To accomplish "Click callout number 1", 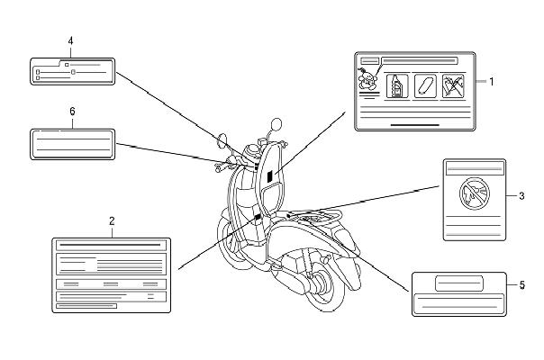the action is pos(491,82).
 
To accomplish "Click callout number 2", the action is pos(112,220).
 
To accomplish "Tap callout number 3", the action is pos(521,196).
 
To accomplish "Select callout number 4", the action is pos(70,41).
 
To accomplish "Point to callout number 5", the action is pos(521,285).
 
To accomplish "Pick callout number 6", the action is pos(72,112).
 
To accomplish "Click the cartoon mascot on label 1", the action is pos(367,78).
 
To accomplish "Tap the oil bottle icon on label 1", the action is pos(397,86).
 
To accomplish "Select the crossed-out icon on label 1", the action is pos(453,86).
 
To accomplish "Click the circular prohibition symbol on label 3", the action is pos(475,193).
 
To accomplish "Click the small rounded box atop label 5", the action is pos(459,283).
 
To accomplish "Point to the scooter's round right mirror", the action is pos(277,124).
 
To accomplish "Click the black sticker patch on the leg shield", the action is pos(270,177).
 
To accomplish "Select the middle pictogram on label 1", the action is pos(425,86).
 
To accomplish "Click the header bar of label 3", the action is pos(475,169).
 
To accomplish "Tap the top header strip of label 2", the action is pos(111,245).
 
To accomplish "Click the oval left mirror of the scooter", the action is pos(222,140).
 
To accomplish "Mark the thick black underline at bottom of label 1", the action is pos(415,125).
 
